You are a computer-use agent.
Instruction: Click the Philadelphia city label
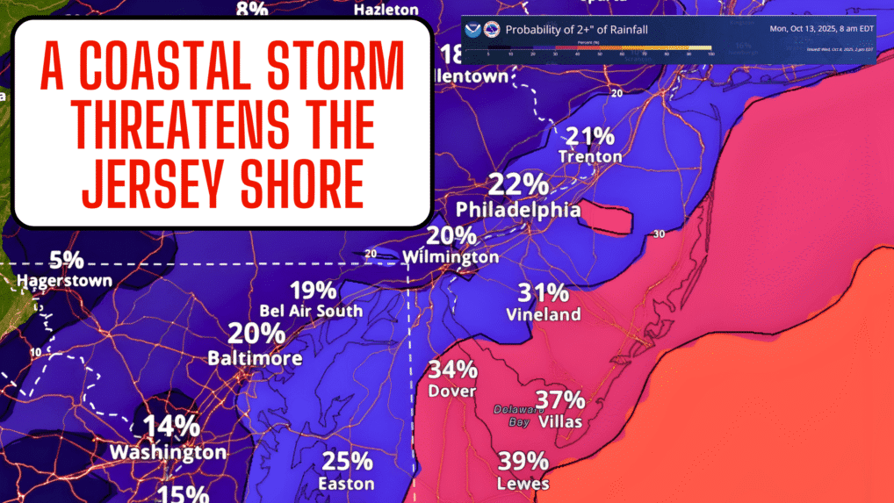click(517, 211)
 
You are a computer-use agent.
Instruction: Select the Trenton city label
click(590, 157)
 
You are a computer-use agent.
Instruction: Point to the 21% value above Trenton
click(590, 136)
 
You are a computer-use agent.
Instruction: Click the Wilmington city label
click(451, 257)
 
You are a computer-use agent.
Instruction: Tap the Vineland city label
click(544, 314)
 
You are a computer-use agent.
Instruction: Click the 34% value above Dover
click(452, 370)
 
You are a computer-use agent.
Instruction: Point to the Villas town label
click(560, 421)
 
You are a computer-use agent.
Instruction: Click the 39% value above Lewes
click(523, 462)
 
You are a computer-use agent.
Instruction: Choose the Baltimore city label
click(256, 358)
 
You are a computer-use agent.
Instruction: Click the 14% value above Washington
click(172, 427)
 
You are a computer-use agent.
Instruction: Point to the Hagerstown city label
click(66, 281)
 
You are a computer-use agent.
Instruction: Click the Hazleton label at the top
click(386, 10)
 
